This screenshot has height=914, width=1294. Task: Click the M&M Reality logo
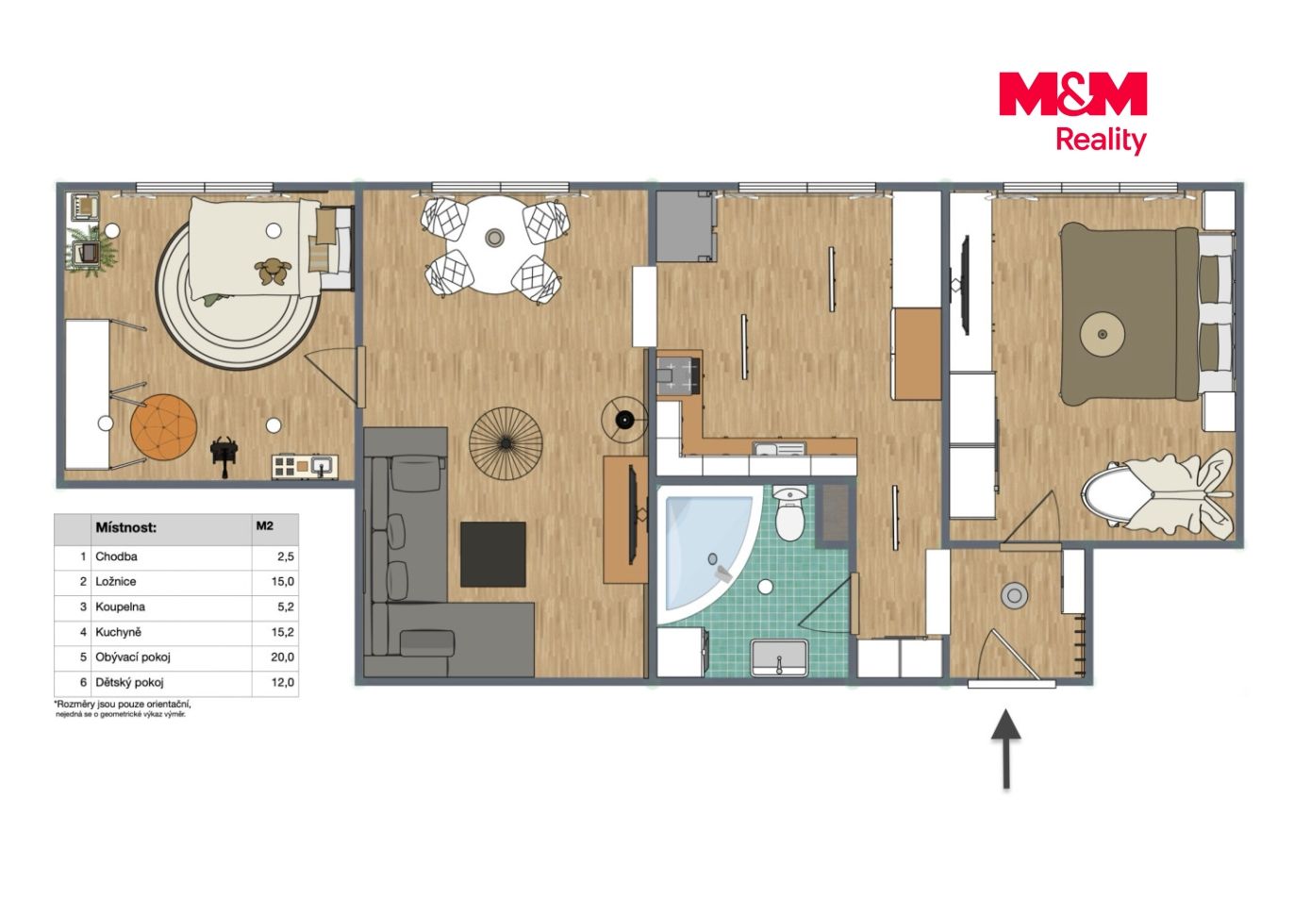[x=1072, y=112]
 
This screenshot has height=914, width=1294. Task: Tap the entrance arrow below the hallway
[x=1006, y=749]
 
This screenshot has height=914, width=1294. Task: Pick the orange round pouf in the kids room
[x=163, y=428]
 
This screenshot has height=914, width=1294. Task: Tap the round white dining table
[x=494, y=244]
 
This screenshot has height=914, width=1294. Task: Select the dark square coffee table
[x=492, y=554]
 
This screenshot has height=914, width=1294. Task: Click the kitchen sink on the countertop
[x=779, y=449]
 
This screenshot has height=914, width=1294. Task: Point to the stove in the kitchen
[x=679, y=376]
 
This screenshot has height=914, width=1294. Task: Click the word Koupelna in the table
[x=120, y=607]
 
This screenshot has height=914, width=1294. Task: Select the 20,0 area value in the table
[x=283, y=656]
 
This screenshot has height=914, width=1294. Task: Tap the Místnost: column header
[x=126, y=527]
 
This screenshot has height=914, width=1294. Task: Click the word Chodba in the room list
[x=116, y=557]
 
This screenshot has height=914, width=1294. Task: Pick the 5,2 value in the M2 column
[x=286, y=607]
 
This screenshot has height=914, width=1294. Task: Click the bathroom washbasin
[x=779, y=657]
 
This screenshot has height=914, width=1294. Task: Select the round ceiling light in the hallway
[x=1014, y=595]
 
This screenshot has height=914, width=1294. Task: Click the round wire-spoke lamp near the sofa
[x=506, y=443]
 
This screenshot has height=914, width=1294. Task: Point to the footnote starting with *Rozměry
[x=122, y=709]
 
